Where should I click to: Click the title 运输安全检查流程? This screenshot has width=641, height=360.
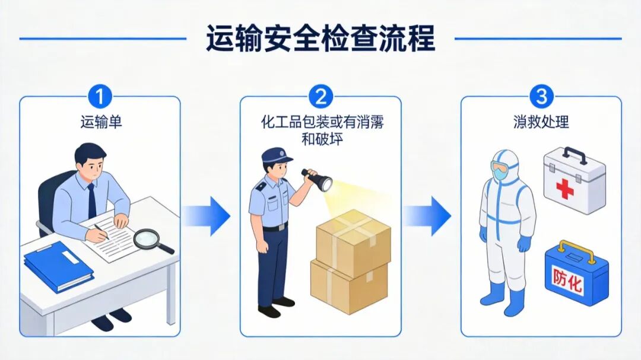pos(320,39)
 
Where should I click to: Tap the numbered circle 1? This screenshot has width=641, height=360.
pos(100,97)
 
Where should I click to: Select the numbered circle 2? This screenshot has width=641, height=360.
pos(320,97)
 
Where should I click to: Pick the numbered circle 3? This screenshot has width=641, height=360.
pos(541,97)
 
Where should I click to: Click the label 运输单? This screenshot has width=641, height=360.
pos(100,122)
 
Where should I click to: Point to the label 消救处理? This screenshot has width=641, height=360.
pos(541,122)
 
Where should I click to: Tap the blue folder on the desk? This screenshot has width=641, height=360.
pos(59,266)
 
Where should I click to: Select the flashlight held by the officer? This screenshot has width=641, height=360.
pos(317,179)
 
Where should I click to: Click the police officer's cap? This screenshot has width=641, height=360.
pos(277,155)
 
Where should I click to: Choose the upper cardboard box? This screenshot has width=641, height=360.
pos(354,241)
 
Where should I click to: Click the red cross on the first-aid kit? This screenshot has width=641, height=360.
pos(564,189)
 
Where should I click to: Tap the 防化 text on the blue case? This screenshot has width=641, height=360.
pos(567,279)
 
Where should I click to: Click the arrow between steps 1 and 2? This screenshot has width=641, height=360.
pos(207,216)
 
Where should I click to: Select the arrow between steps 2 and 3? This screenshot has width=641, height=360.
pos(427,216)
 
